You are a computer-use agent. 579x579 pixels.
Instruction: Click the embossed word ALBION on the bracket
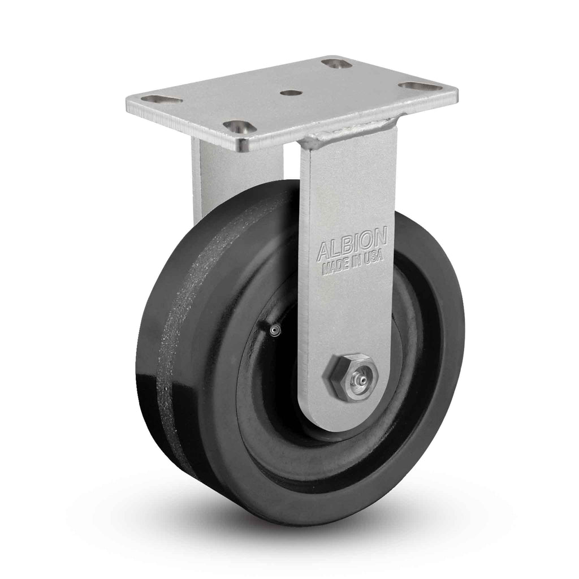click(x=352, y=244)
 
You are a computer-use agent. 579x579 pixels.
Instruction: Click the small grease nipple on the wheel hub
click(x=274, y=330)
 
